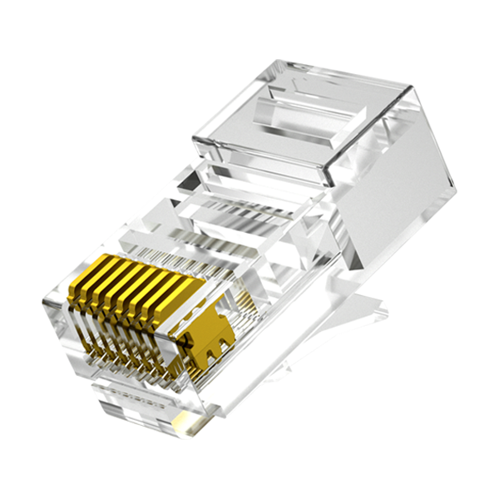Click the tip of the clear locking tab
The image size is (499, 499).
coord(384,313)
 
